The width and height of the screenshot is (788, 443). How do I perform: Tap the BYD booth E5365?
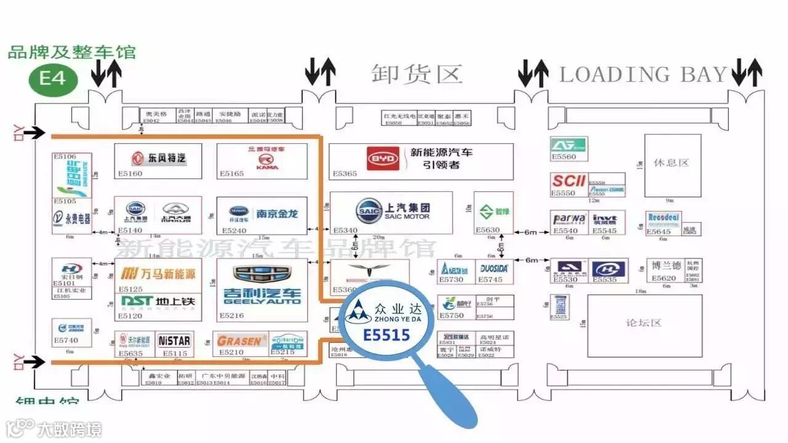click(x=420, y=161)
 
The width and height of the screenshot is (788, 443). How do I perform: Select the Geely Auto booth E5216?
click(x=262, y=290)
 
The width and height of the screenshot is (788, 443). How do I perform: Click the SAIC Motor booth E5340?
click(x=392, y=212)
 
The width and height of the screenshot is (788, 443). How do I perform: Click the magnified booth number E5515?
click(x=387, y=335)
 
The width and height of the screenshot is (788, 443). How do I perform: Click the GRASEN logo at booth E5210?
click(x=241, y=340)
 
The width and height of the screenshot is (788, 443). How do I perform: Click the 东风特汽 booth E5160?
click(x=158, y=161)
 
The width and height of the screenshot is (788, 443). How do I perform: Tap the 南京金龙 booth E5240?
click(x=262, y=216)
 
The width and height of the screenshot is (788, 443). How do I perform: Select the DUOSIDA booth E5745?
click(x=494, y=271)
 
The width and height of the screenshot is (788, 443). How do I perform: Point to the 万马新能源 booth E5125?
click(x=158, y=276)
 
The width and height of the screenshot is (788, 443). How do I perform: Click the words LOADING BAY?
click(x=643, y=75)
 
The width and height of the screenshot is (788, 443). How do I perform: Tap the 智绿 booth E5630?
click(x=494, y=213)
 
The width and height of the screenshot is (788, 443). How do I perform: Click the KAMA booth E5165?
click(x=262, y=161)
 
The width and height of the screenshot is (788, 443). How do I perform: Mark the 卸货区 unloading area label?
click(x=417, y=74)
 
